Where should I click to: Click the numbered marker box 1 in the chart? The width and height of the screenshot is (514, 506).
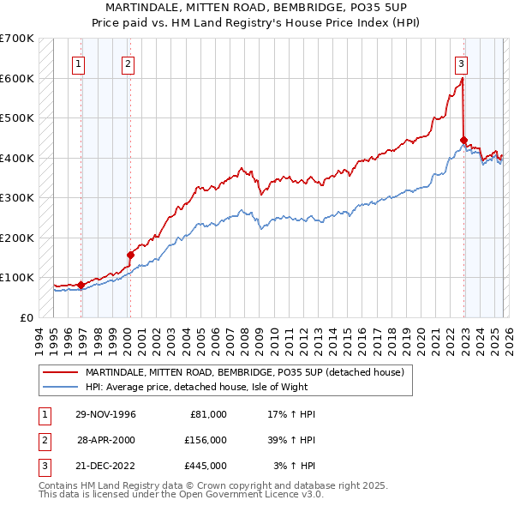coord(79,63)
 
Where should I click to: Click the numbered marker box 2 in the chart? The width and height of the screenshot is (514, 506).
coord(128,63)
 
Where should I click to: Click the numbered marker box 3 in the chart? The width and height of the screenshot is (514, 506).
coord(461,63)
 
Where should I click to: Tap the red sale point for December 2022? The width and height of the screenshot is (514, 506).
coord(463,140)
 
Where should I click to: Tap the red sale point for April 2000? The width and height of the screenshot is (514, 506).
coord(130,255)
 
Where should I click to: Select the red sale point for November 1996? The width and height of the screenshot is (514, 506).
coord(81,285)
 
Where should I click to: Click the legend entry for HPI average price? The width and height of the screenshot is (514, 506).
coord(202,386)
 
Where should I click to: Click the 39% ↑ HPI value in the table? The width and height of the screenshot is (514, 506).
coord(290,439)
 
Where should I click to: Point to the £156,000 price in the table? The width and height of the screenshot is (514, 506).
coord(205,439)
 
